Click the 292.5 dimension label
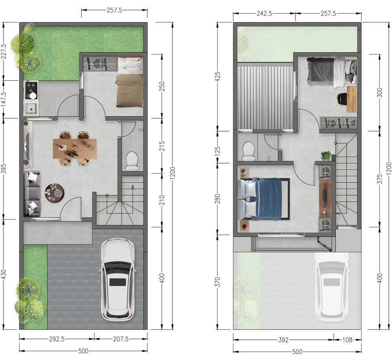click(x=57, y=339)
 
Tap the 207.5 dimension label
click(x=121, y=339)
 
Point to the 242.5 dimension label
click(x=265, y=13)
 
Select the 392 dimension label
click(x=283, y=340)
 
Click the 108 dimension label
click(x=347, y=340)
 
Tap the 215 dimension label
click(x=162, y=146)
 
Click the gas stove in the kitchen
click(x=31, y=90)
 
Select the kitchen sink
click(x=31, y=109)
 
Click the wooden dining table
click(x=74, y=148)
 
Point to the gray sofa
click(x=32, y=194)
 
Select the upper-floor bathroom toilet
click(x=249, y=151)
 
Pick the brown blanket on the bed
click(x=130, y=90)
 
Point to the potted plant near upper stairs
click(x=326, y=156)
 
